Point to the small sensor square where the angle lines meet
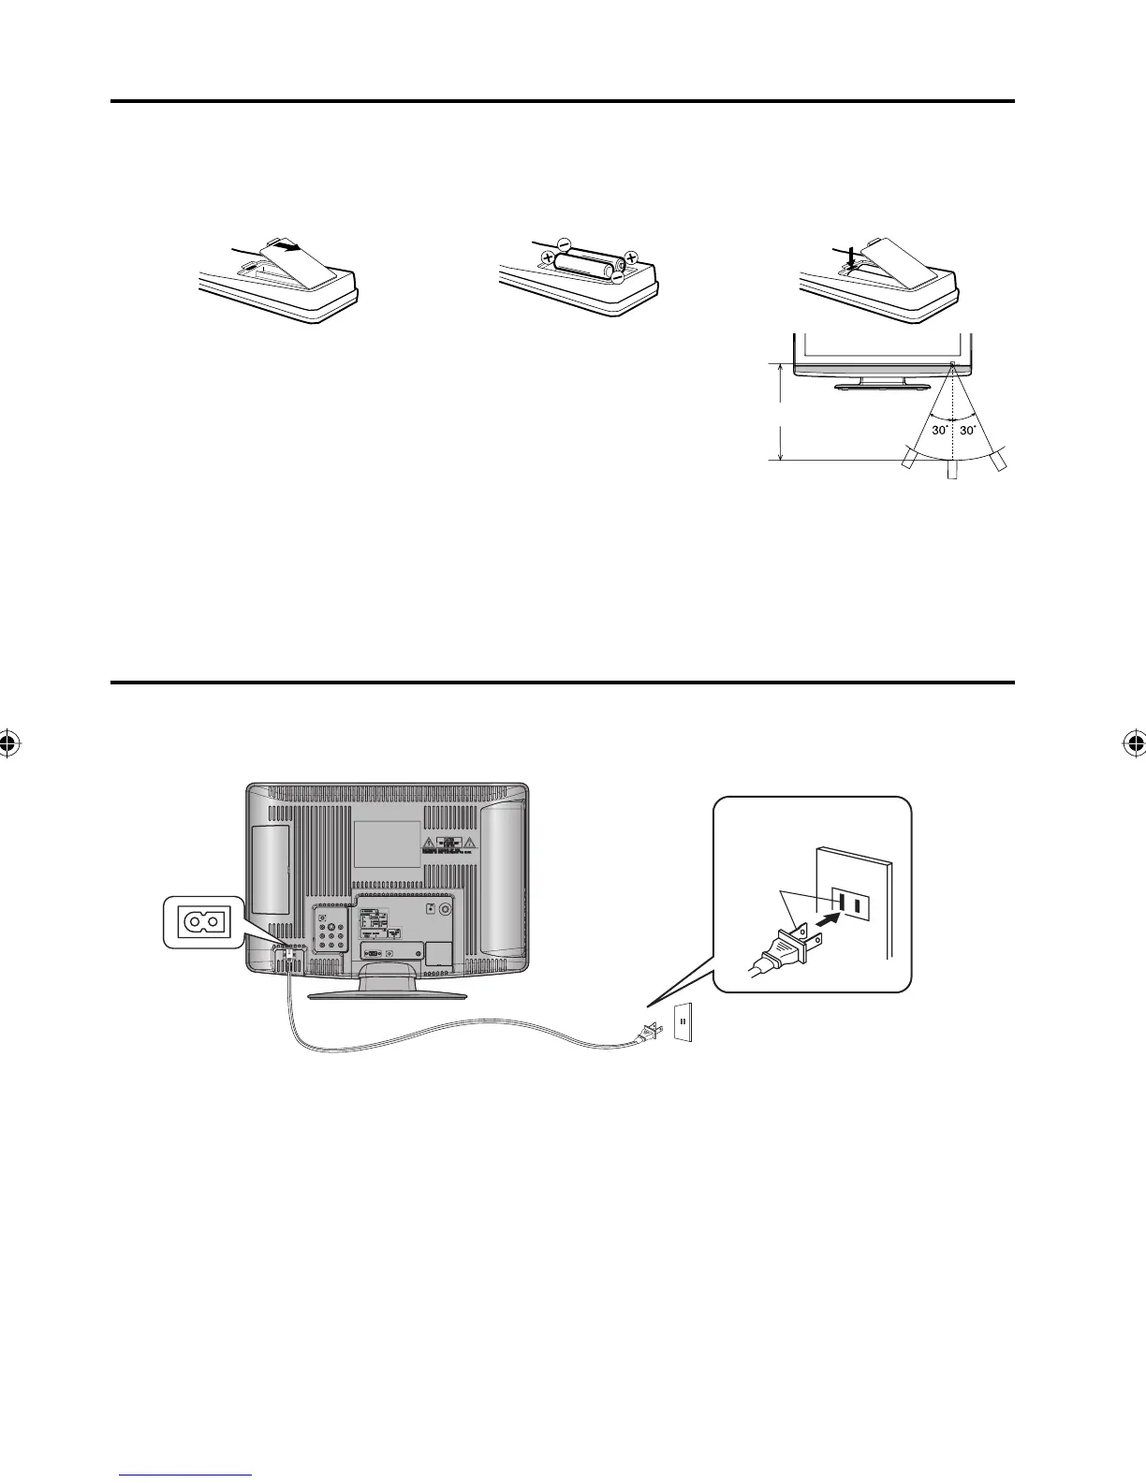(x=952, y=366)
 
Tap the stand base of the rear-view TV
(x=387, y=993)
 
